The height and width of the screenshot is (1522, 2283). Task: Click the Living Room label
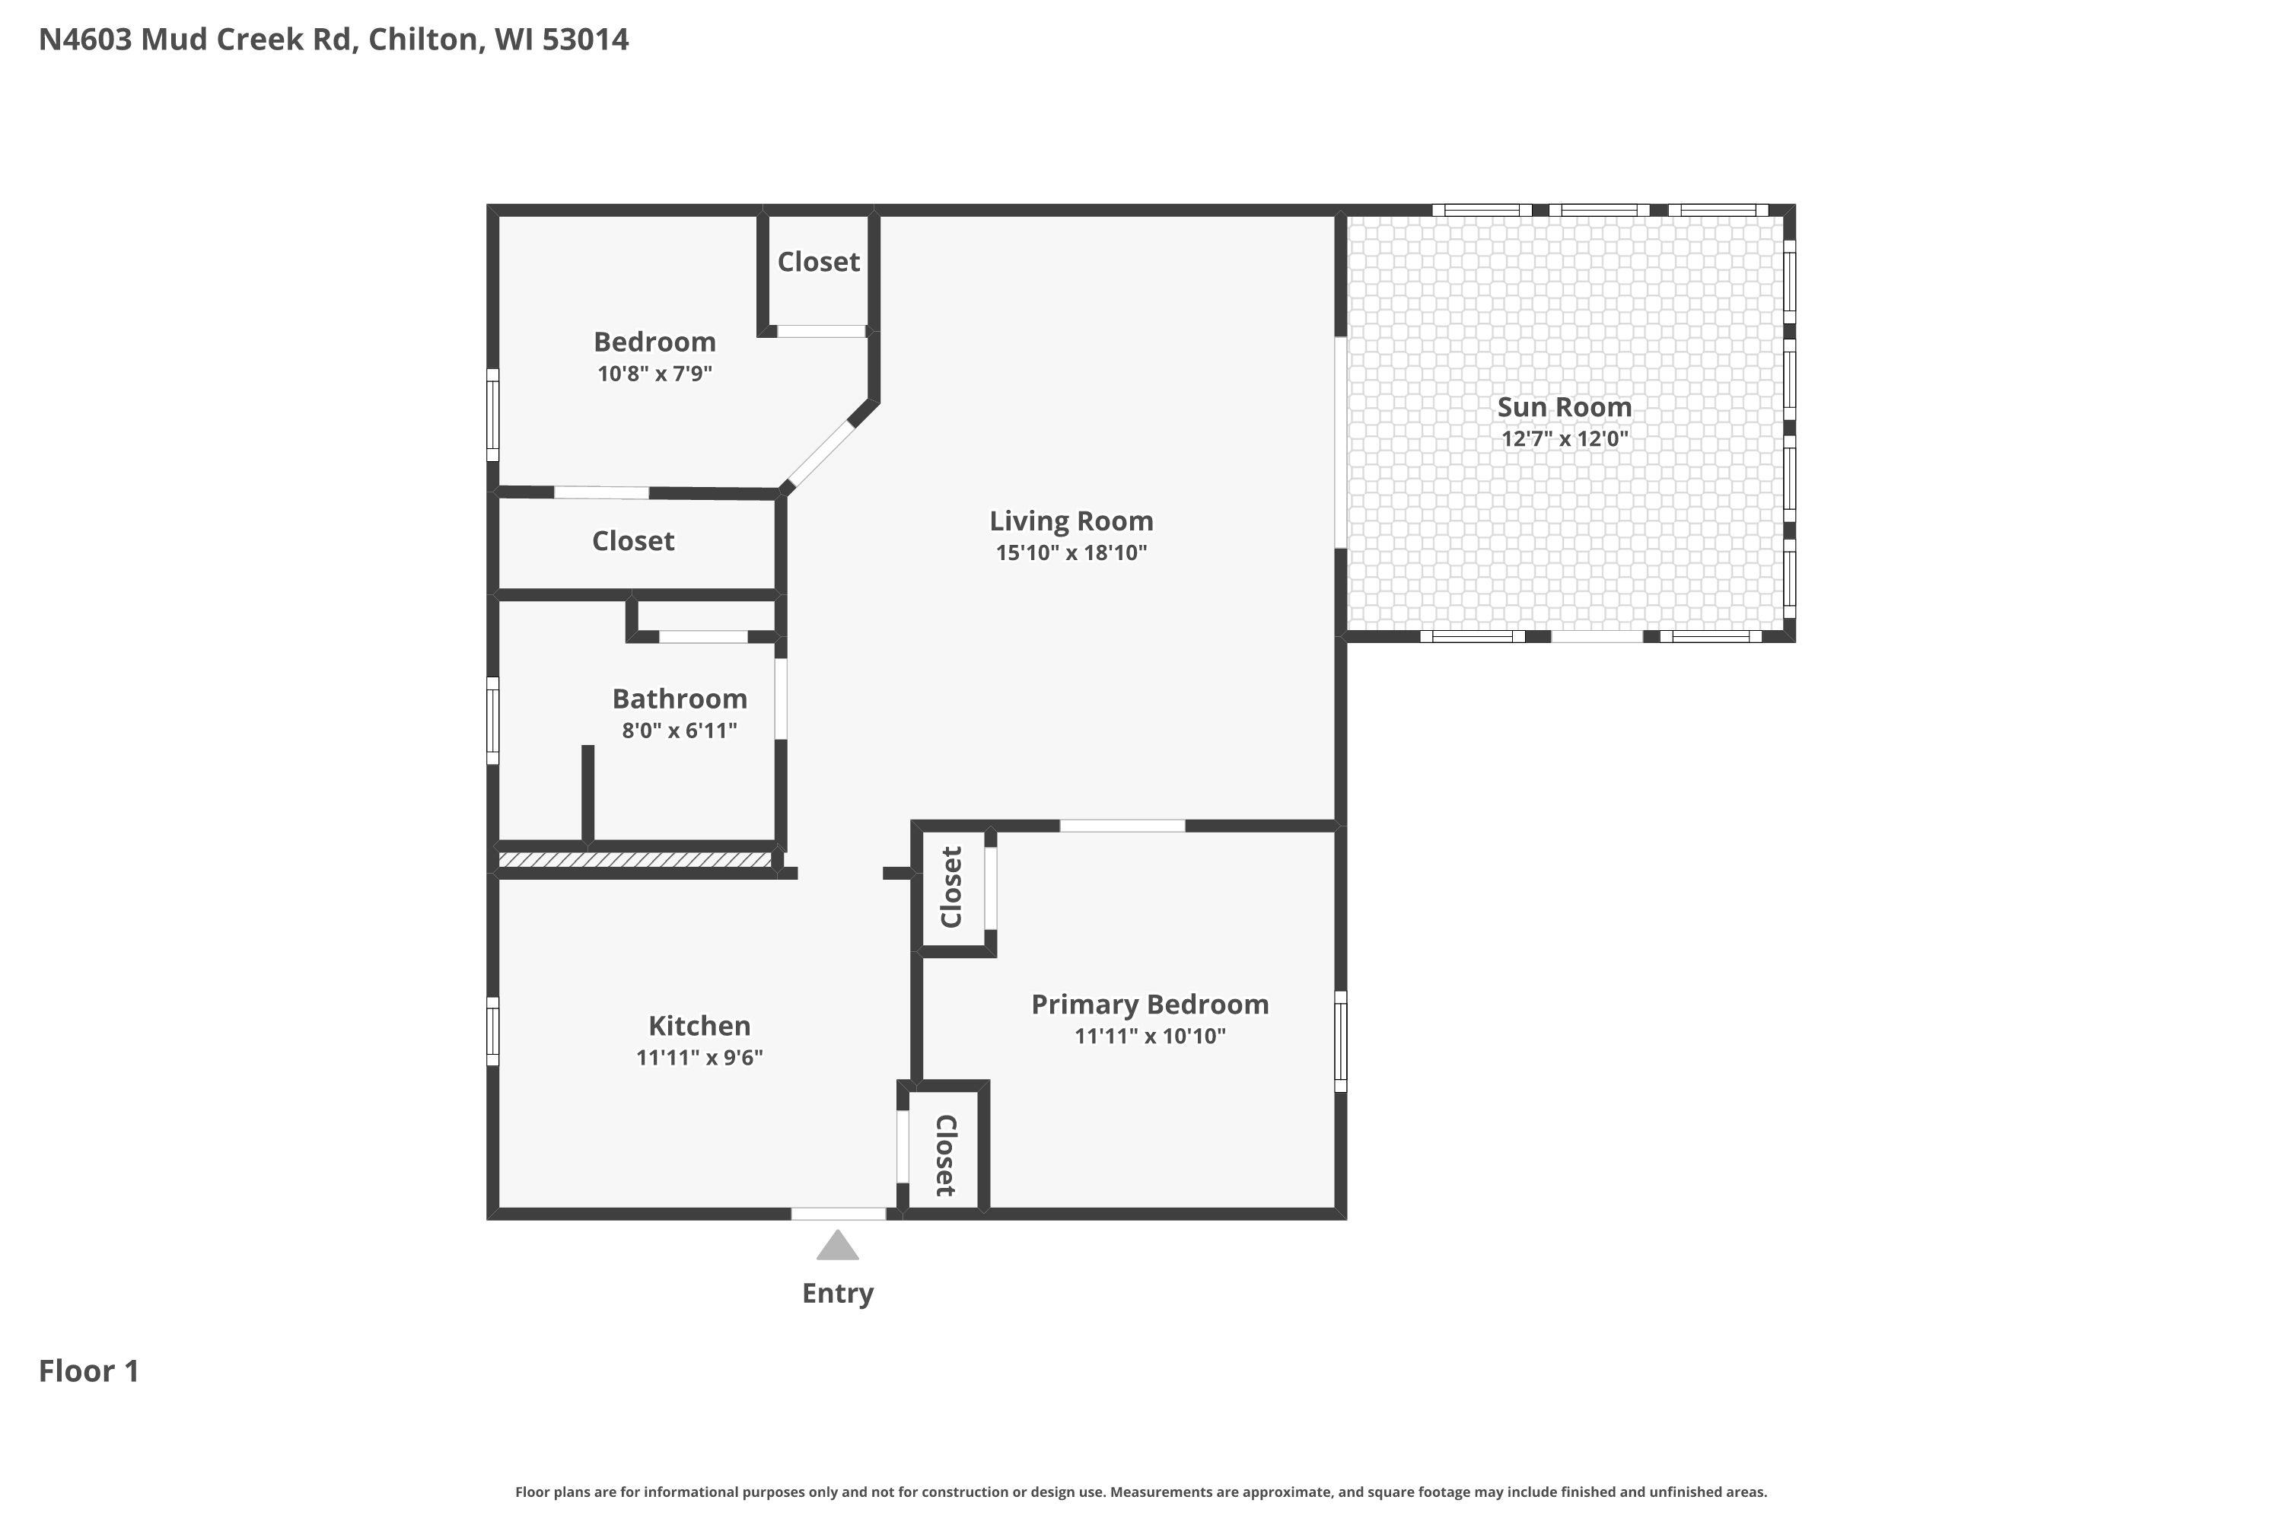1071,521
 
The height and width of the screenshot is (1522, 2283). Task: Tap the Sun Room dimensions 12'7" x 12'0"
1565,438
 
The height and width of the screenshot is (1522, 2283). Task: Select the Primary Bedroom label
1149,1005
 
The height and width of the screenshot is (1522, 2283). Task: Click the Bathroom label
680,699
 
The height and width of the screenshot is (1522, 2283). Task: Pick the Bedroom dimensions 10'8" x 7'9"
654,374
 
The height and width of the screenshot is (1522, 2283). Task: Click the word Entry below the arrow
838,1294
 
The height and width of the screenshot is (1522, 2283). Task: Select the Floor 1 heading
89,1371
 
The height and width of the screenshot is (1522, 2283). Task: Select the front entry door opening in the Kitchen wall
839,1213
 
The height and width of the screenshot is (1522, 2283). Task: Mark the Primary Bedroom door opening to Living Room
1122,826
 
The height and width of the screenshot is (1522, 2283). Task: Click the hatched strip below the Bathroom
635,860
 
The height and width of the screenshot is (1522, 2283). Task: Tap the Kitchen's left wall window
492,1031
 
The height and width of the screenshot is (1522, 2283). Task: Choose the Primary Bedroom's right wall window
1340,1040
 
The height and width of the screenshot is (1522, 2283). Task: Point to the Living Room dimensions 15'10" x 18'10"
1071,553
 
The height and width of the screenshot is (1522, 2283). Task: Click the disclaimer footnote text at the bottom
1141,1492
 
